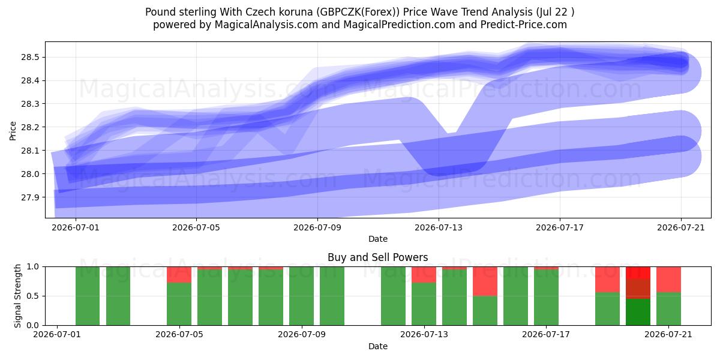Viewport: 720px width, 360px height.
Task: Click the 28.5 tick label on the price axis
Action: tap(30, 58)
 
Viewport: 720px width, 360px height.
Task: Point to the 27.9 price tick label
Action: tap(30, 197)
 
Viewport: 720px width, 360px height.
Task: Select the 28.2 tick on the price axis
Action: tap(30, 127)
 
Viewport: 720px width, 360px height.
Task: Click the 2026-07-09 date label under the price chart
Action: tap(317, 227)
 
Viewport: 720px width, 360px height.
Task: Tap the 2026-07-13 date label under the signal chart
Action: tap(424, 335)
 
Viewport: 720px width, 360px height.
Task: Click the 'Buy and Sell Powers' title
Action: tap(377, 257)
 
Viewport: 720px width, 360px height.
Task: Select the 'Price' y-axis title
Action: tap(13, 131)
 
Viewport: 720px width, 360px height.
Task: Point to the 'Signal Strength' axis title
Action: tap(17, 296)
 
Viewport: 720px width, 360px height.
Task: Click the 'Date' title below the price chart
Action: tap(377, 239)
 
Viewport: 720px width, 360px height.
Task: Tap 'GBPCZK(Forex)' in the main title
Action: tap(358, 12)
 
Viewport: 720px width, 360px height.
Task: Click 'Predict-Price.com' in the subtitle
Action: tap(524, 25)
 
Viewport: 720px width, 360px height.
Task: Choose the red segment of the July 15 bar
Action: tap(485, 281)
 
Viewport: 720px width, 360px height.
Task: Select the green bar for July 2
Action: tap(88, 296)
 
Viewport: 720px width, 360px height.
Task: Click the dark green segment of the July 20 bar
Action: tap(638, 312)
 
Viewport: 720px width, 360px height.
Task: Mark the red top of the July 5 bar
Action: tap(179, 275)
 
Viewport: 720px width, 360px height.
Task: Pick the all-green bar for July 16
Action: tap(515, 296)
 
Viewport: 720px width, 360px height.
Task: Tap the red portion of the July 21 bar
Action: tap(668, 280)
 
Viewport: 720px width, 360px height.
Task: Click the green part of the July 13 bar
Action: tap(424, 304)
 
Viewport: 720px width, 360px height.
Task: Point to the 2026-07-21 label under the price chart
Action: tap(681, 227)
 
